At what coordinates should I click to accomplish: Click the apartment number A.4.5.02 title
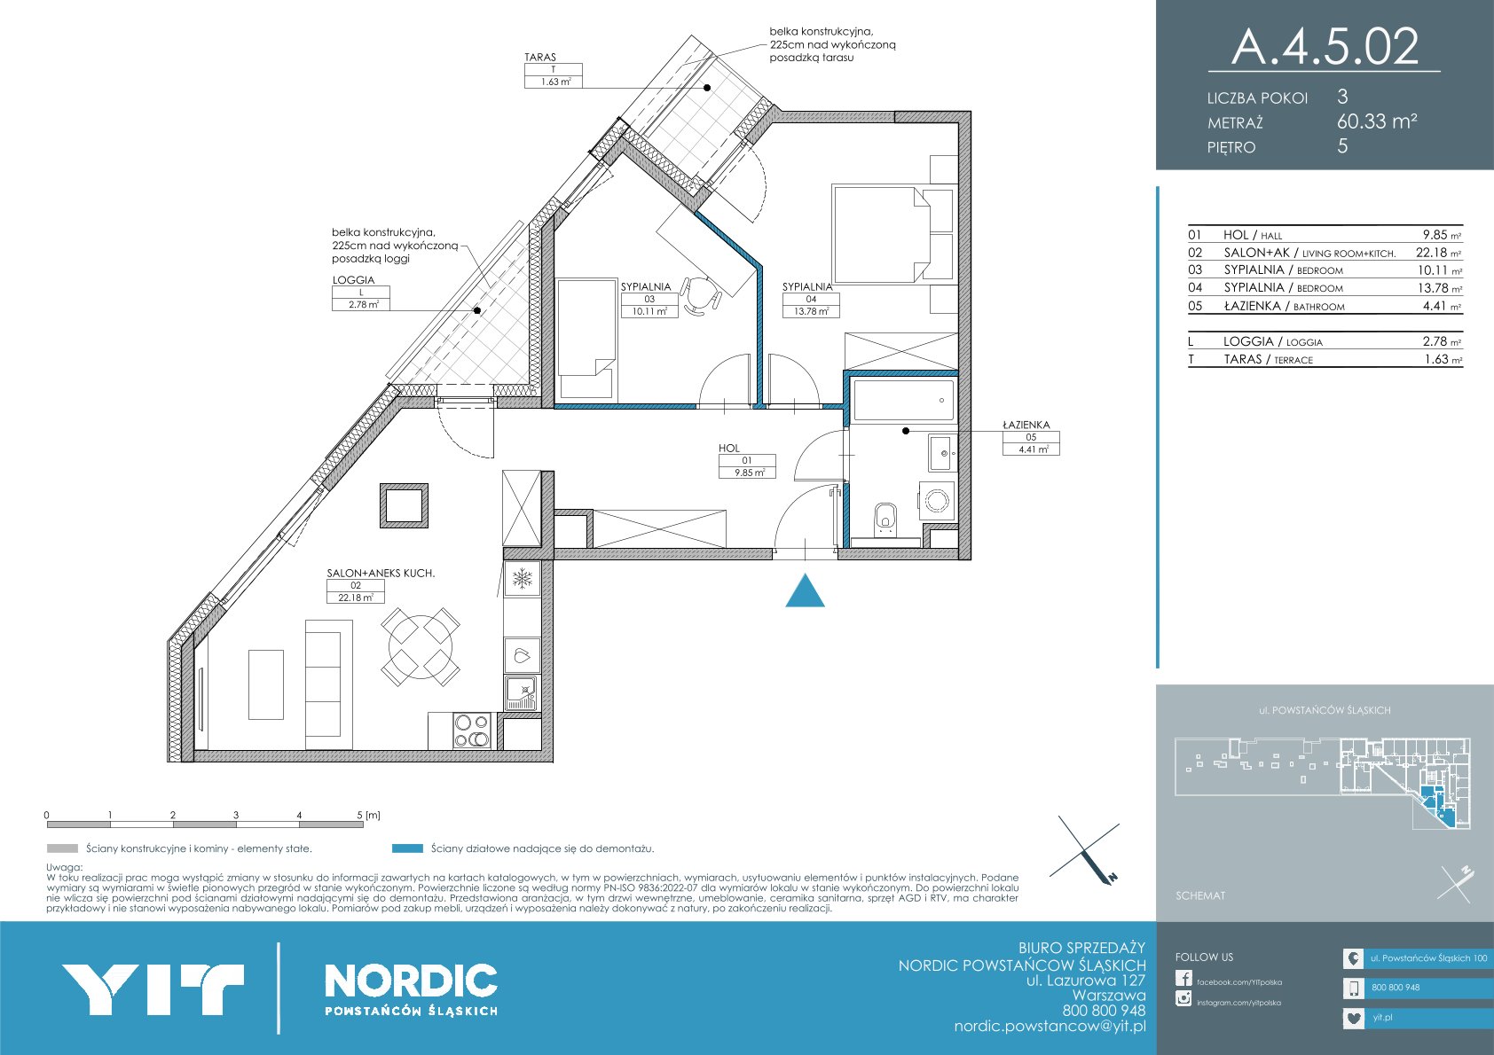coord(1325,46)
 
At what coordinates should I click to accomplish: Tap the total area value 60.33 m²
coord(1377,121)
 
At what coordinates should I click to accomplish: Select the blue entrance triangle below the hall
coord(805,590)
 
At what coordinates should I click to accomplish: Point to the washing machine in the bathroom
coord(937,501)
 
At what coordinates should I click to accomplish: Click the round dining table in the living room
coord(421,646)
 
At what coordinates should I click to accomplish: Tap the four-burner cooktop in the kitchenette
coord(472,731)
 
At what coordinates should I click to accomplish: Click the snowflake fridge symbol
coord(522,579)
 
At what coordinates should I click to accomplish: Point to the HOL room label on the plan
coord(729,449)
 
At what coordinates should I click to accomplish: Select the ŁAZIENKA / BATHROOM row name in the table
coord(1284,306)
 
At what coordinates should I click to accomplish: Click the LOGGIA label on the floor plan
coord(353,280)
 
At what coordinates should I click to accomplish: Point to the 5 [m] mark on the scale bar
coord(368,815)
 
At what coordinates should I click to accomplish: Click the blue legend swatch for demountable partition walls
coord(407,848)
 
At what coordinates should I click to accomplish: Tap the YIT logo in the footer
coord(153,989)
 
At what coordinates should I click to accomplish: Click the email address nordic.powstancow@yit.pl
coord(1050,1027)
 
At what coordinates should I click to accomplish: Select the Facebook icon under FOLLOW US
coord(1183,978)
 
